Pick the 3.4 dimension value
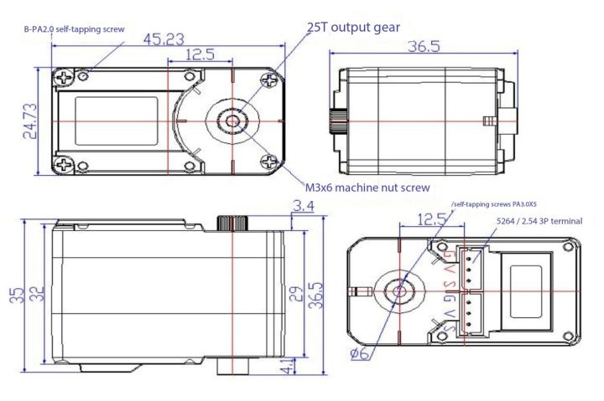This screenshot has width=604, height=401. [x=303, y=205]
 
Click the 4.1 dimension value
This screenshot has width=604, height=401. [x=288, y=366]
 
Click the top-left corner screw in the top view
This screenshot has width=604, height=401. [x=62, y=80]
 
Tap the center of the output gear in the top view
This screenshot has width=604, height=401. [x=232, y=121]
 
